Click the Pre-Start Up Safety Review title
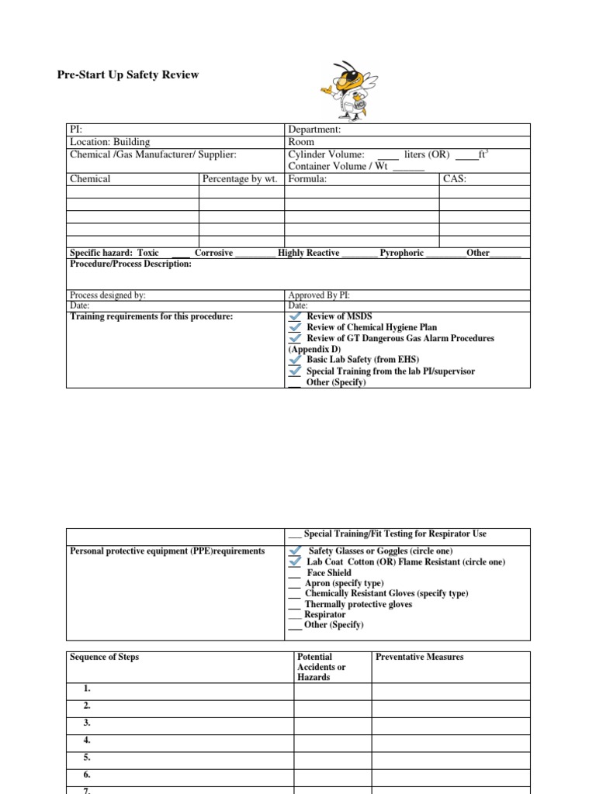click(128, 75)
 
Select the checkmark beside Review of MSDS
click(296, 316)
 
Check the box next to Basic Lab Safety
click(296, 360)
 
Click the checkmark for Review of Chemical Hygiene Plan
click(296, 327)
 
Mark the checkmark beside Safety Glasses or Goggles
click(295, 551)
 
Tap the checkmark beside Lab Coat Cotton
click(295, 561)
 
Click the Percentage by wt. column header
click(240, 179)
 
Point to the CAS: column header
click(454, 179)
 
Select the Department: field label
click(314, 130)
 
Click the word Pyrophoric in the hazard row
click(401, 253)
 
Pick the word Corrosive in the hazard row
click(213, 253)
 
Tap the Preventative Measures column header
click(419, 657)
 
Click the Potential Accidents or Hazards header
click(321, 667)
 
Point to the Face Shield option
click(329, 573)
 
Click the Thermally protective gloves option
click(358, 604)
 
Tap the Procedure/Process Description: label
click(130, 264)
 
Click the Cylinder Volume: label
click(326, 154)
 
